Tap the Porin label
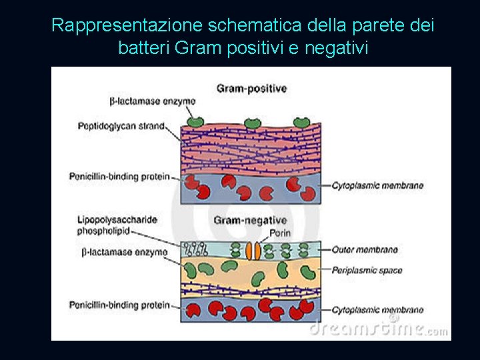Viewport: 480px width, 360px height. (x=279, y=233)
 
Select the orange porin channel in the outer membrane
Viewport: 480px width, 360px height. (x=253, y=250)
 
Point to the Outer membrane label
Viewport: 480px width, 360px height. (x=365, y=250)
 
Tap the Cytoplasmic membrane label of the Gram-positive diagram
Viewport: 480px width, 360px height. (x=377, y=185)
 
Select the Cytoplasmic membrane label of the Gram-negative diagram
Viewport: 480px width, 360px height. (x=377, y=309)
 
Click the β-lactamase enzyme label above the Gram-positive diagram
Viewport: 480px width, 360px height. (x=152, y=101)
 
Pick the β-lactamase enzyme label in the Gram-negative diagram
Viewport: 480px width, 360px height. (x=124, y=252)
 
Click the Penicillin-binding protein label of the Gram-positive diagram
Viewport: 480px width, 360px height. (x=119, y=177)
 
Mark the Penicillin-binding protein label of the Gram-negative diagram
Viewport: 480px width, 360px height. (x=119, y=305)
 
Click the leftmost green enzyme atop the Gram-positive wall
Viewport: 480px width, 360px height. (x=195, y=122)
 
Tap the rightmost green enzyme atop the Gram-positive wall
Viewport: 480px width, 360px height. (x=302, y=122)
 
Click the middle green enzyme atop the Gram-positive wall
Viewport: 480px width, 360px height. (x=252, y=122)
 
